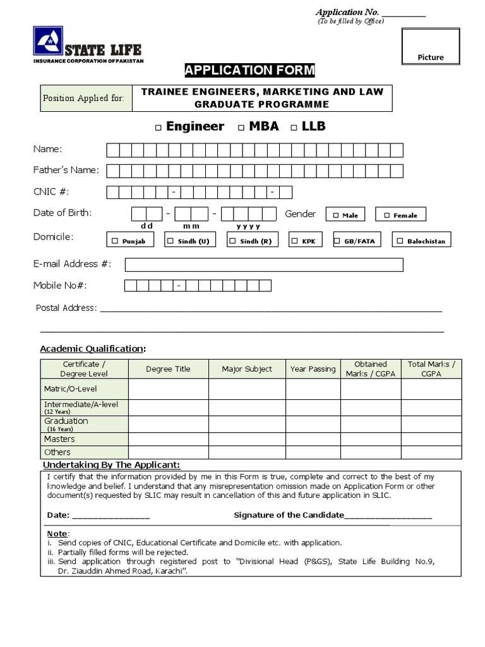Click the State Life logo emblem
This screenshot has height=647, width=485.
(48, 42)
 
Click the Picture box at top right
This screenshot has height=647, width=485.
(431, 46)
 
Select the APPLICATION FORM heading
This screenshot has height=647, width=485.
(249, 70)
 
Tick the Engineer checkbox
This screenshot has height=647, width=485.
(158, 128)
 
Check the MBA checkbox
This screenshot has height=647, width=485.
(241, 128)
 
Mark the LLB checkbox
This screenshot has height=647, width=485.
(294, 128)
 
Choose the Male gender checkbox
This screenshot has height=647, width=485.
(336, 215)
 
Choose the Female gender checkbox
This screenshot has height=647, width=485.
(386, 215)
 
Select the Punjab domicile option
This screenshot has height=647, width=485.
(115, 241)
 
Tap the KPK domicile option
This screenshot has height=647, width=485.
(294, 241)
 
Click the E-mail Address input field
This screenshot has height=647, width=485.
(264, 264)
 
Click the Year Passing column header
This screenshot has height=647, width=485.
(313, 369)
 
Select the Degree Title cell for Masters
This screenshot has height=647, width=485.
(168, 439)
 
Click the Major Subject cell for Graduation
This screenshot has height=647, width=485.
(246, 424)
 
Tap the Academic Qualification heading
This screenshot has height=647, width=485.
(92, 349)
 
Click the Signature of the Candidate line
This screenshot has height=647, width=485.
(388, 516)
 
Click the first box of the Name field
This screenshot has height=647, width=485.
(112, 150)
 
